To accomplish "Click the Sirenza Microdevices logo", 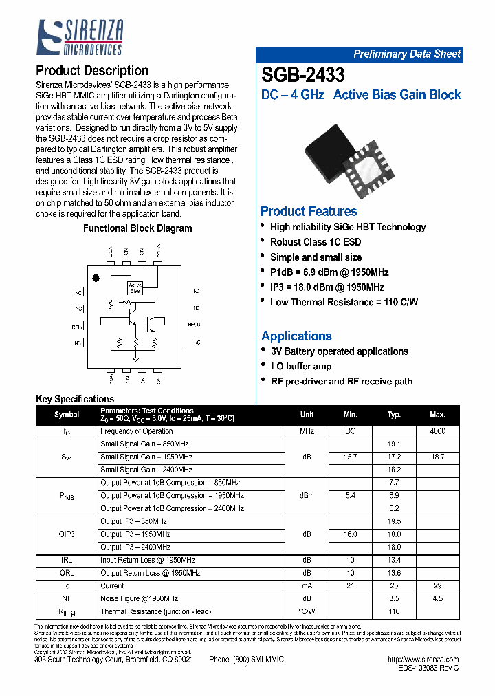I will tap(80, 38).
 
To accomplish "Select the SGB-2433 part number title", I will tap(303, 75).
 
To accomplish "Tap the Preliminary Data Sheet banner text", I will tap(407, 54).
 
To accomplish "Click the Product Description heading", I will tap(91, 71).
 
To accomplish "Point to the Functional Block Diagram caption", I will tap(137, 228).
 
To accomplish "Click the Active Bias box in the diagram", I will tap(135, 288).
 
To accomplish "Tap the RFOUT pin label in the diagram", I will tap(195, 324).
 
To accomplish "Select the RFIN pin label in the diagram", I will tap(77, 327).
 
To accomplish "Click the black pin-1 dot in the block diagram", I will tap(96, 279).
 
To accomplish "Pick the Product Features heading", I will tap(309, 211).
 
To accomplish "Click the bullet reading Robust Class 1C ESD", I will tap(315, 242).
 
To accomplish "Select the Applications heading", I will tap(296, 336).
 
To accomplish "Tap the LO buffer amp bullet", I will tap(300, 367).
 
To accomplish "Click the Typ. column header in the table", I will tap(394, 415).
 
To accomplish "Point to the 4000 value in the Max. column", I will tap(437, 431).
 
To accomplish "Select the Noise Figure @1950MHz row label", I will tap(139, 599).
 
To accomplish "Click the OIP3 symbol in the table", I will tap(67, 534).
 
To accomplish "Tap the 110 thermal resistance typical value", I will tap(394, 611).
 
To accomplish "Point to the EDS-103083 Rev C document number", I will tap(428, 668).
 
